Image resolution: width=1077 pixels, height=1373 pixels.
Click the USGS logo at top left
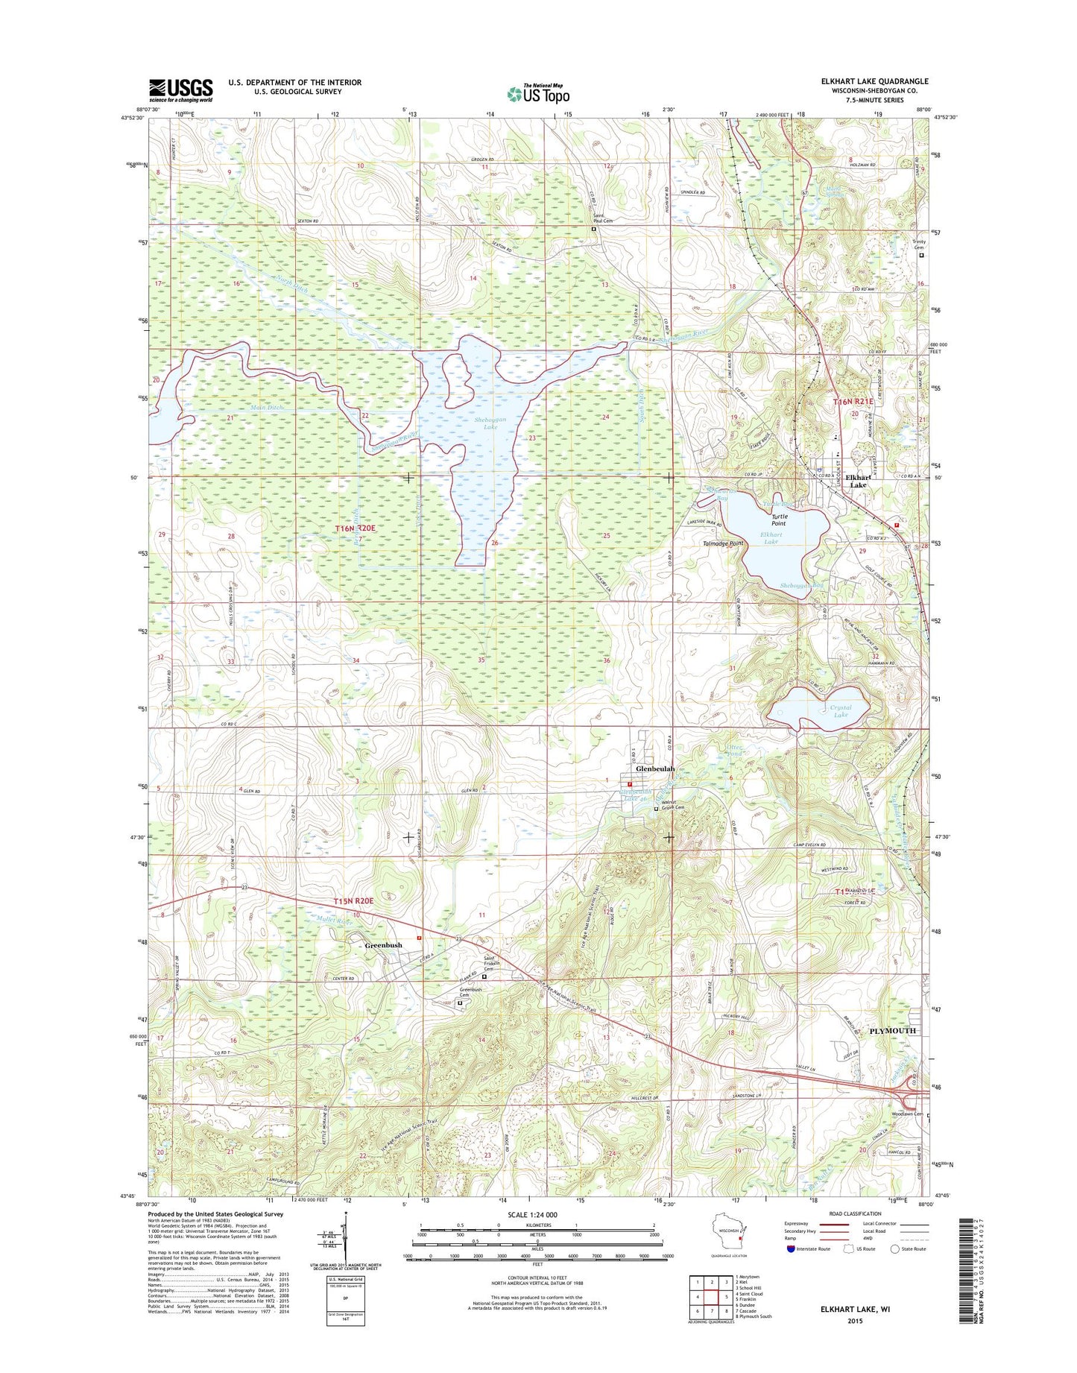coord(180,90)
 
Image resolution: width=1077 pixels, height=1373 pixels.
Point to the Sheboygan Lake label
coord(490,423)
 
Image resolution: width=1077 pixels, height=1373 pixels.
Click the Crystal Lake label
coord(841,710)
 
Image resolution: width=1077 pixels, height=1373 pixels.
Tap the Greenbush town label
coord(383,945)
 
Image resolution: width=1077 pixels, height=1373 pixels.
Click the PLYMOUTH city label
coord(892,1031)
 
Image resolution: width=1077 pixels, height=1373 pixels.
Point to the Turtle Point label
coord(779,520)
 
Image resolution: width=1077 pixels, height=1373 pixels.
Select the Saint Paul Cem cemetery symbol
coord(594,230)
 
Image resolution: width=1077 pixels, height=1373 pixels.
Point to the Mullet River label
coord(333,921)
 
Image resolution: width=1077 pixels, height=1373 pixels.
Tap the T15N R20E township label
coord(352,902)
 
